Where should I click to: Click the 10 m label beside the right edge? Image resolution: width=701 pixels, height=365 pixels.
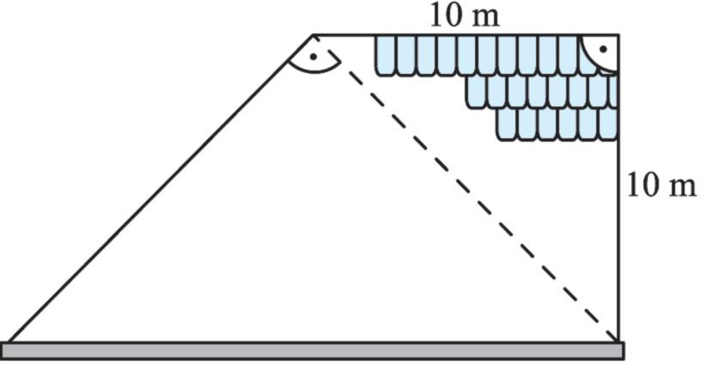click(x=661, y=185)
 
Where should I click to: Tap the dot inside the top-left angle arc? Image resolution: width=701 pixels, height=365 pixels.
click(x=314, y=57)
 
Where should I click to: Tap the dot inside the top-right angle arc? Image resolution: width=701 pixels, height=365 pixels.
click(x=604, y=50)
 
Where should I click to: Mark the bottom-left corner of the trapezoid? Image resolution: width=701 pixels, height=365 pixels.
click(x=9, y=342)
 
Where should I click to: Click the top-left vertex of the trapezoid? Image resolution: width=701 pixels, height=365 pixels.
click(x=314, y=36)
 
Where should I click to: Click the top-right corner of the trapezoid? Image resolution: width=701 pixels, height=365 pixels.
click(x=619, y=36)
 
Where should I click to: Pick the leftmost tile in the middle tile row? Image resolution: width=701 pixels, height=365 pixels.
click(x=476, y=91)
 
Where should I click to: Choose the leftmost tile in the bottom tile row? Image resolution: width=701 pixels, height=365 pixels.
click(x=507, y=123)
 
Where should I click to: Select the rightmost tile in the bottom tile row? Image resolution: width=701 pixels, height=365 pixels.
click(x=609, y=123)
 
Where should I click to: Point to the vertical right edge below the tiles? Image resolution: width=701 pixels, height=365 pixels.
click(x=619, y=240)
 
